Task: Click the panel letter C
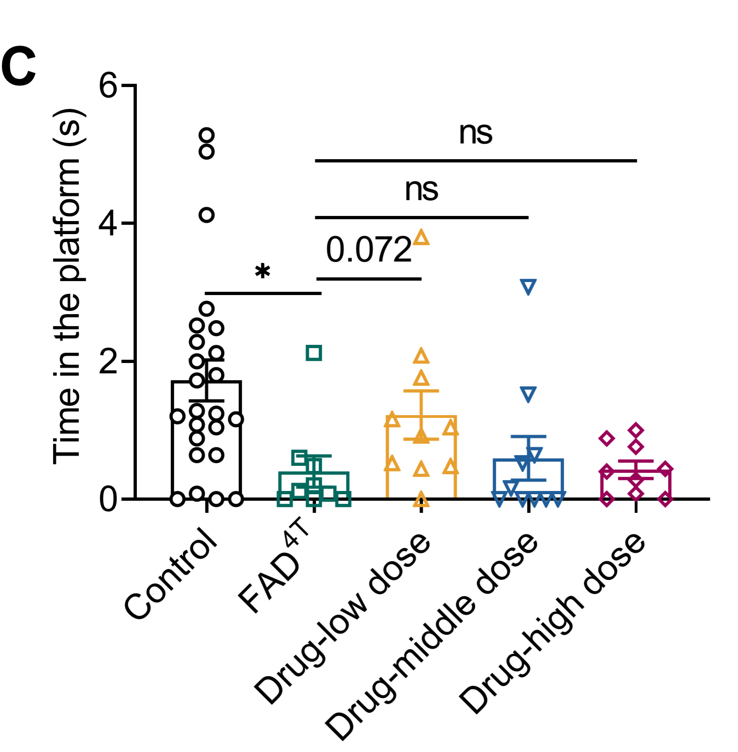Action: point(19,67)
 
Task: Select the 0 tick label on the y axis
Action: point(108,500)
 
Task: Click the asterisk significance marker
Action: point(263,271)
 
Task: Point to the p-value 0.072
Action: point(368,250)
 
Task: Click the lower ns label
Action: point(421,189)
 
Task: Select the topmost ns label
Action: point(475,133)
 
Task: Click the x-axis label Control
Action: point(171,574)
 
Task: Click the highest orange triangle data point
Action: point(421,238)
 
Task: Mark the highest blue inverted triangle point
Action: point(528,287)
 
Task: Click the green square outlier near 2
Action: point(314,353)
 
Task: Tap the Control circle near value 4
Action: point(206,215)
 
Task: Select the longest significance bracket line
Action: point(475,161)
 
